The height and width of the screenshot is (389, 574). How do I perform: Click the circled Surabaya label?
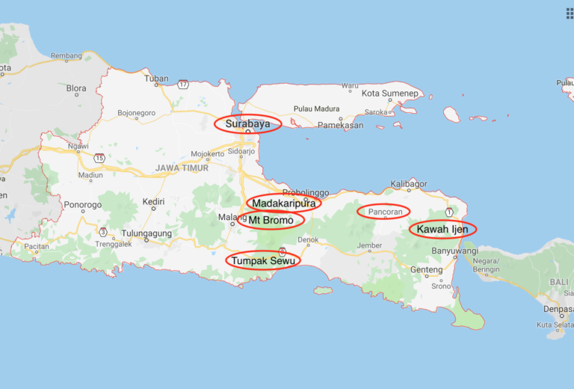(x=247, y=123)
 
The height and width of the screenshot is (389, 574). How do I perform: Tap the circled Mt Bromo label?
(x=271, y=220)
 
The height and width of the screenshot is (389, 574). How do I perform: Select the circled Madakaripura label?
(x=284, y=203)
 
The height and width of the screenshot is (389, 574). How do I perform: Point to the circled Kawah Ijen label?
(x=442, y=229)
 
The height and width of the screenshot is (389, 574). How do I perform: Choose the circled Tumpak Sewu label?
(x=262, y=260)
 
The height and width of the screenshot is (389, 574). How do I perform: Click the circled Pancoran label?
(x=384, y=212)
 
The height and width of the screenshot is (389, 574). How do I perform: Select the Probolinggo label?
(x=306, y=192)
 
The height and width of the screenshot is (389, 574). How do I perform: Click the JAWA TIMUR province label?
(x=182, y=168)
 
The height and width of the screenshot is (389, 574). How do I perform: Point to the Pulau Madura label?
(x=317, y=108)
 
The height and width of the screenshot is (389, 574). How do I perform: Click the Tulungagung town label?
(x=146, y=233)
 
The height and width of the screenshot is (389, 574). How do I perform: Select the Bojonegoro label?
(x=136, y=114)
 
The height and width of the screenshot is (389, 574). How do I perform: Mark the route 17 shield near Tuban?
(x=183, y=85)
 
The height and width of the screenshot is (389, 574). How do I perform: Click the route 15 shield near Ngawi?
(x=99, y=158)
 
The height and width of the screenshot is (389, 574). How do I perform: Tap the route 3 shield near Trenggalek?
(x=102, y=231)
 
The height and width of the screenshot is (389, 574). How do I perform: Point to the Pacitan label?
(x=36, y=245)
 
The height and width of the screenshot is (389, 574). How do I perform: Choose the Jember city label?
(x=369, y=245)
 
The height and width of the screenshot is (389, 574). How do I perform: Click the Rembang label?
(x=65, y=55)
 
